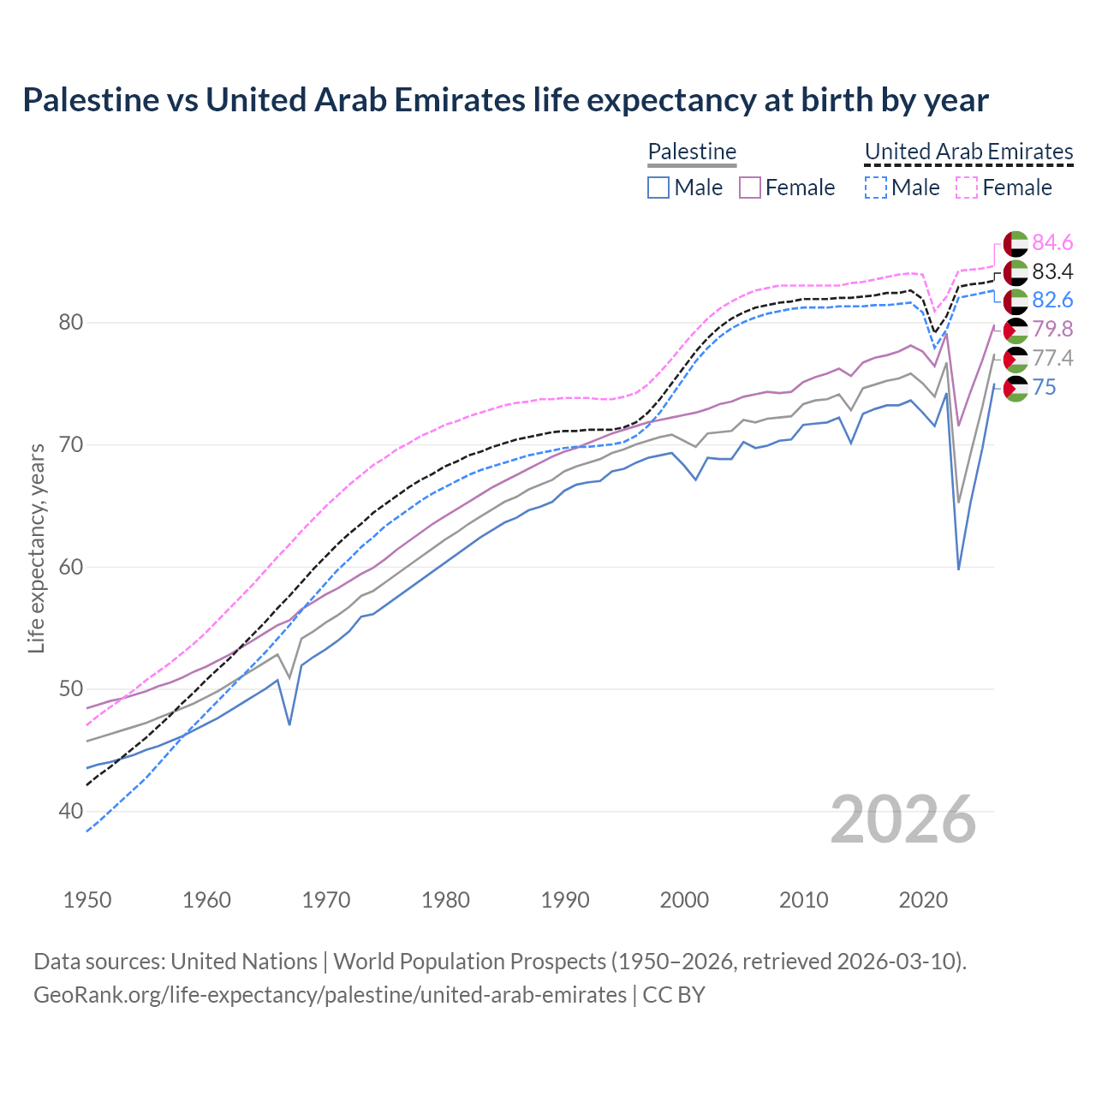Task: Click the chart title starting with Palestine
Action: click(x=505, y=100)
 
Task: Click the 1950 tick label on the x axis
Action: click(x=87, y=900)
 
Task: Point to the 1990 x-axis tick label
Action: click(x=565, y=900)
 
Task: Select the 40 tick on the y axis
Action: click(x=71, y=811)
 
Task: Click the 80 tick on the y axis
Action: click(x=71, y=323)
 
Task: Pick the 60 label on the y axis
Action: click(x=71, y=567)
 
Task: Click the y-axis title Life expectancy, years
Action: click(x=36, y=548)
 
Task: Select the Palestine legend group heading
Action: click(x=692, y=152)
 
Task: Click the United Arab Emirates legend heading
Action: click(x=968, y=152)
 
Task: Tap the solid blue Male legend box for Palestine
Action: click(x=658, y=188)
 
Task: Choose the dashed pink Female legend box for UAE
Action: click(x=966, y=188)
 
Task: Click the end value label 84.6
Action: click(x=1052, y=242)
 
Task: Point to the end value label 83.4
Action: click(x=1052, y=271)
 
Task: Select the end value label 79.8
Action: click(x=1052, y=329)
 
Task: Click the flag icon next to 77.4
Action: click(x=1016, y=359)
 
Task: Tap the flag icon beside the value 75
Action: click(x=1016, y=388)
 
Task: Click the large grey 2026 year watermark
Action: click(x=903, y=819)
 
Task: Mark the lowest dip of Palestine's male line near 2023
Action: click(x=958, y=569)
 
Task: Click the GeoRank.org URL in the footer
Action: click(x=330, y=995)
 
